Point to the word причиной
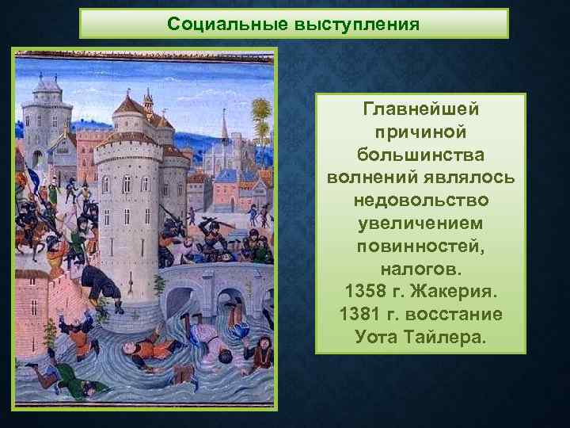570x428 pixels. coord(420,130)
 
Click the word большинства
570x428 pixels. coord(420,152)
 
